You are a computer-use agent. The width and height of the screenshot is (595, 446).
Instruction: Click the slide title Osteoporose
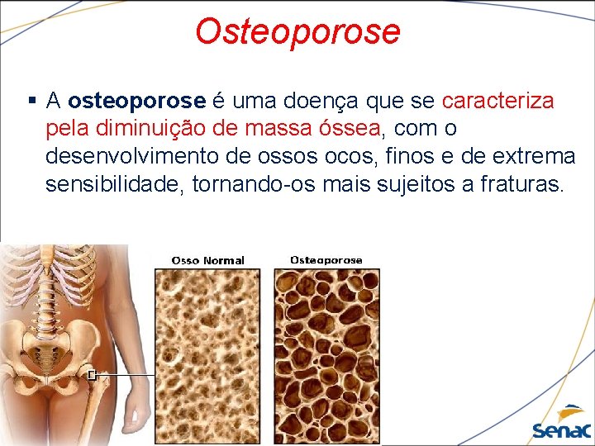[x=297, y=31]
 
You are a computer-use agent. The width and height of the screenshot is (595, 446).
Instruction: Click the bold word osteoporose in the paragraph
[x=136, y=102]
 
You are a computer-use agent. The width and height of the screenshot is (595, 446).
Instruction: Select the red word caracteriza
[x=498, y=102]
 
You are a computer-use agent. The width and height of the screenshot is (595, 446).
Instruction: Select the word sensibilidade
[x=115, y=183]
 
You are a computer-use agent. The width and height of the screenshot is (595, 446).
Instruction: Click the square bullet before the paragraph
[x=31, y=102]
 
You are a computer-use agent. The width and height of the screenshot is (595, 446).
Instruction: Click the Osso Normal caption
[x=207, y=260]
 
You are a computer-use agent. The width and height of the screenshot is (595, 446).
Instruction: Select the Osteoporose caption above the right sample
[x=326, y=260]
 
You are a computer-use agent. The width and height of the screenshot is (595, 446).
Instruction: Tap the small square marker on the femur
[x=93, y=375]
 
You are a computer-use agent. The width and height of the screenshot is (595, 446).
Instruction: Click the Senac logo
[x=562, y=424]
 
